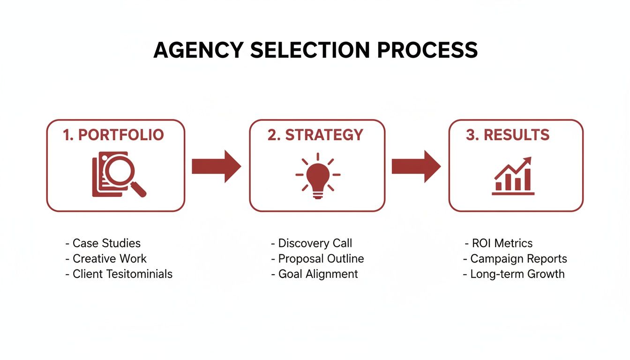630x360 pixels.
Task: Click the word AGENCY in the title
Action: click(199, 50)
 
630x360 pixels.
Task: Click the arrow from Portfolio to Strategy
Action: click(216, 166)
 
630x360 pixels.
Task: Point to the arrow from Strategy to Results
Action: click(416, 166)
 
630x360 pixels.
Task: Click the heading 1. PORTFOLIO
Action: click(113, 135)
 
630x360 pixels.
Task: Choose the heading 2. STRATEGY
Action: click(315, 135)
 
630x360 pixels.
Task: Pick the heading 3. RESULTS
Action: click(508, 135)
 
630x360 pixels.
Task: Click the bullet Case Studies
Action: click(106, 243)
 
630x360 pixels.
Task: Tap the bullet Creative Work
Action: click(109, 259)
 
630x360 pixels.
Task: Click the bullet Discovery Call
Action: click(315, 243)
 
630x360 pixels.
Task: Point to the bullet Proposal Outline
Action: click(321, 259)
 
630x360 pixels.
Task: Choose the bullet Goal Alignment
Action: click(318, 274)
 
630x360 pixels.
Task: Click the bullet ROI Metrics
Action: click(502, 243)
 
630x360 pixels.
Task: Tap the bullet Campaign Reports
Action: click(518, 259)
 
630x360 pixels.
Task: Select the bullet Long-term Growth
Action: click(517, 274)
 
